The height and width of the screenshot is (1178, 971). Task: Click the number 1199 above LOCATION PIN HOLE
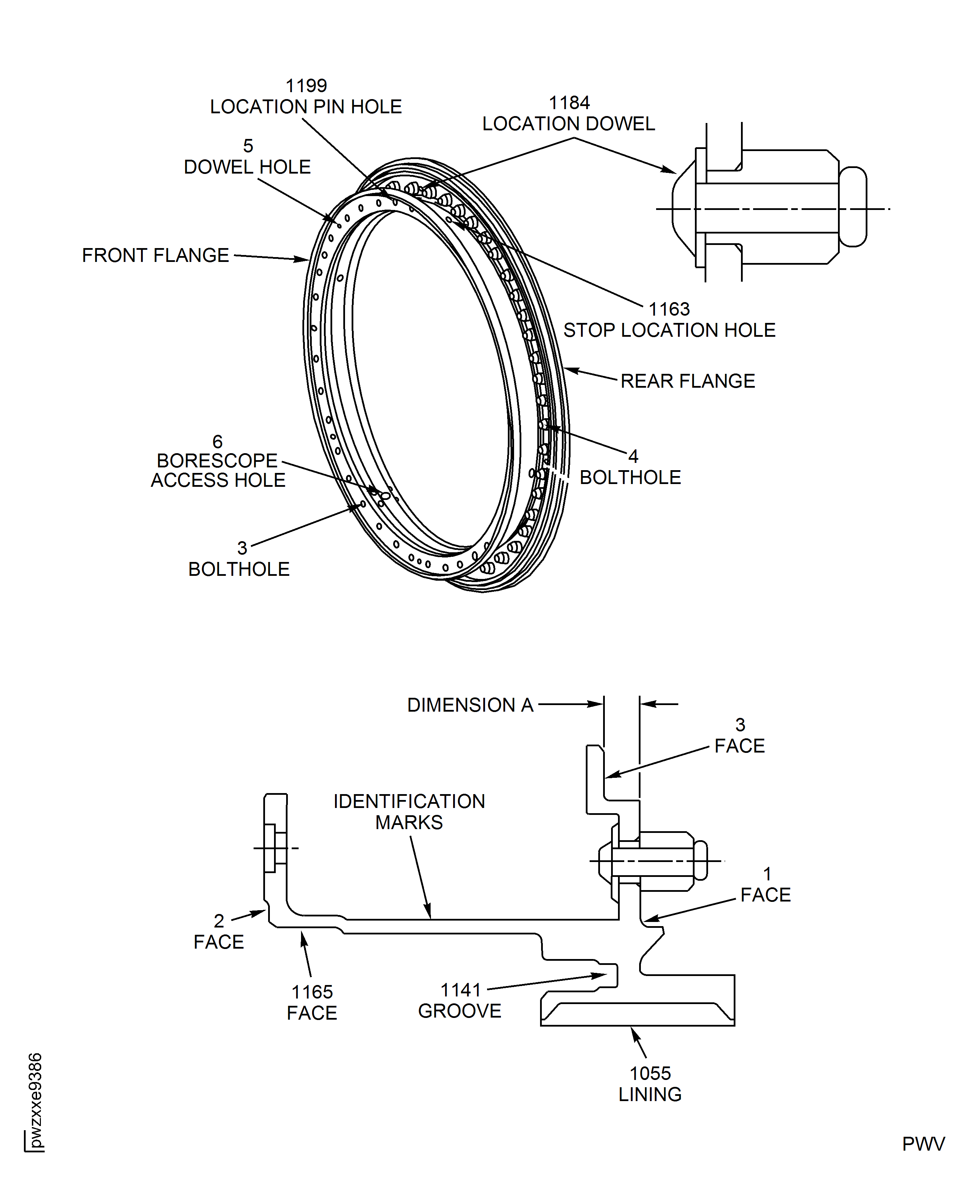coord(306,86)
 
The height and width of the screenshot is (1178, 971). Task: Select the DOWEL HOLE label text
coord(247,167)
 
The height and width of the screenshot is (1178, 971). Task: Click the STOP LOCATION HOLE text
coord(669,330)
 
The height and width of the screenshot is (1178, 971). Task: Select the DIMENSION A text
coord(470,705)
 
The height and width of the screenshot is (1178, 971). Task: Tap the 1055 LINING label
coord(650,1083)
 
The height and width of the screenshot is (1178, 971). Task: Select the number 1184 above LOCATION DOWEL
coord(569,103)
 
